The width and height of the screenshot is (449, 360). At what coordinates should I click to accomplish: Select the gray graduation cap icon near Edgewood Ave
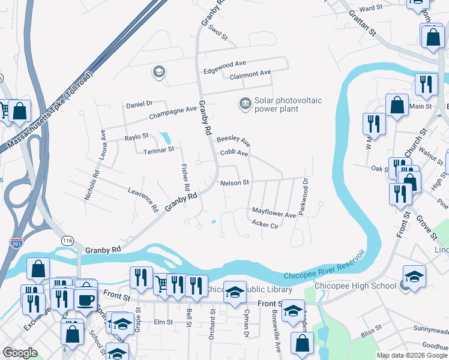click(158, 73)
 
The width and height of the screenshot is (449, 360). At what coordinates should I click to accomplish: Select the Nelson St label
click(234, 183)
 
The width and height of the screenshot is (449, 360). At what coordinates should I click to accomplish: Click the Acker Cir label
click(266, 225)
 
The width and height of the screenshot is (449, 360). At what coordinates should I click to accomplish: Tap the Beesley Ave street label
click(234, 140)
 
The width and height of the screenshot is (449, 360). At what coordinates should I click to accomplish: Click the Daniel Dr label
click(140, 104)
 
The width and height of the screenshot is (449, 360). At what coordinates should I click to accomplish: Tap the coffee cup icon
click(86, 299)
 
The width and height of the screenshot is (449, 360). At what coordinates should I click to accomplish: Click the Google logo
click(20, 353)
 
